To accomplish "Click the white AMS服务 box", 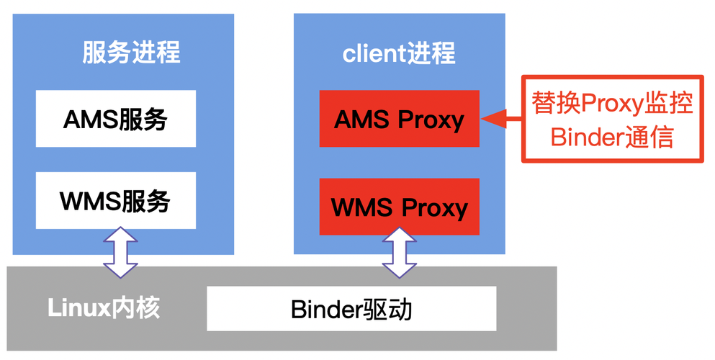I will [115, 119].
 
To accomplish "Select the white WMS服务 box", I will [115, 201].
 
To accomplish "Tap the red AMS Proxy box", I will [399, 119].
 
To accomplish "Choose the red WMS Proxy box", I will [399, 207].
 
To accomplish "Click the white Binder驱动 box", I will [351, 309].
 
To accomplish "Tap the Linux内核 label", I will [104, 308].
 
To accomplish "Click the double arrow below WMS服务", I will [120, 253].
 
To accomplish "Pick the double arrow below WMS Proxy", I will [399, 253].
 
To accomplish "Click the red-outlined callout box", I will [612, 119].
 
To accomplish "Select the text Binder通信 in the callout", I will [612, 136].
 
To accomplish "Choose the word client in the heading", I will [369, 53].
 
